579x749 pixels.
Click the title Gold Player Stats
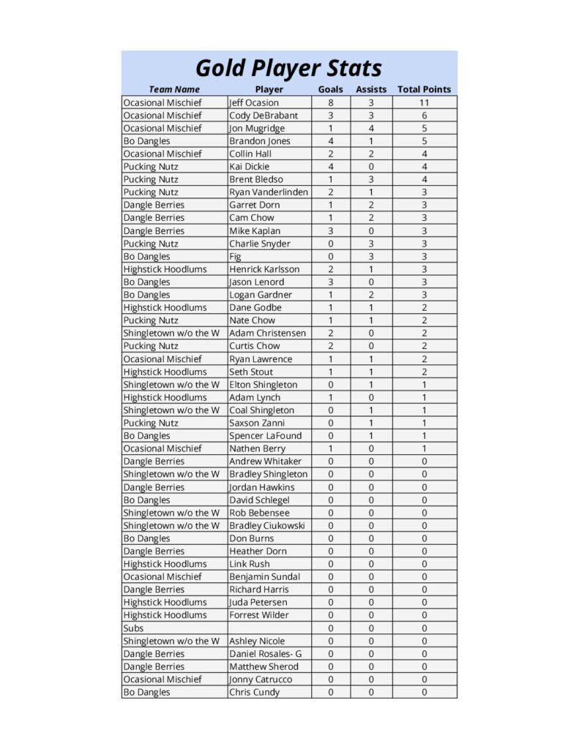pyautogui.click(x=288, y=68)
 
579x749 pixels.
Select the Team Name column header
pyautogui.click(x=174, y=89)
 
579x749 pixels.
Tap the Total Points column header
pyautogui.click(x=424, y=89)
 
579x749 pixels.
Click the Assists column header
pyautogui.click(x=371, y=89)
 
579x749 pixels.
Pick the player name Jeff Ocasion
pyautogui.click(x=254, y=102)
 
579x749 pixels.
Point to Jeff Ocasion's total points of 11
pyautogui.click(x=424, y=102)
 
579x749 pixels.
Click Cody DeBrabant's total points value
pyautogui.click(x=424, y=116)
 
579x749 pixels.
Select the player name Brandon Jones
pyautogui.click(x=259, y=141)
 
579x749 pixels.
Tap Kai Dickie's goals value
pyautogui.click(x=330, y=167)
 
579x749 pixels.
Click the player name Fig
pyautogui.click(x=235, y=257)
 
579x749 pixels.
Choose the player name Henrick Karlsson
pyautogui.click(x=264, y=269)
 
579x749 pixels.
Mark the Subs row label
pyautogui.click(x=133, y=628)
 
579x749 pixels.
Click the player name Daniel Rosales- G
pyautogui.click(x=265, y=654)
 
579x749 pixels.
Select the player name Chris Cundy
pyautogui.click(x=254, y=692)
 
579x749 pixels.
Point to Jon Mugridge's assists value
pyautogui.click(x=371, y=128)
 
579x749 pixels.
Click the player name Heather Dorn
pyautogui.click(x=258, y=552)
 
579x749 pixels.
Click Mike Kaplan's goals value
pyautogui.click(x=330, y=231)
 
